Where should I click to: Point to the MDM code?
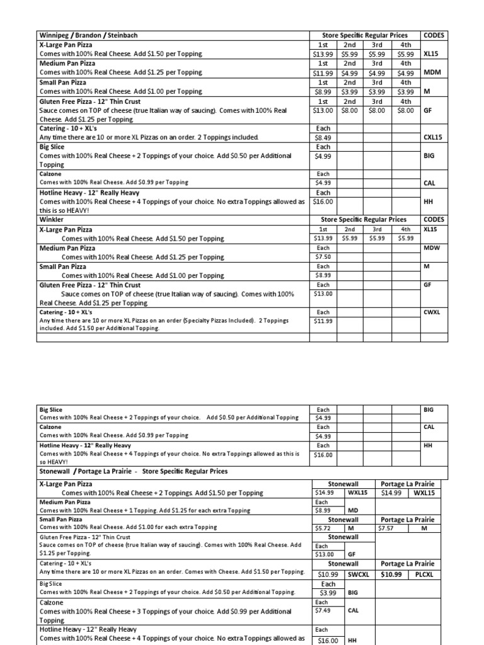432,72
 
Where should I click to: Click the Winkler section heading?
52,220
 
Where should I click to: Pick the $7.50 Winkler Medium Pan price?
323,257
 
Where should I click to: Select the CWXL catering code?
432,312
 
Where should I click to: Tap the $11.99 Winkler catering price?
324,321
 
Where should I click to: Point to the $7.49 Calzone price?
323,610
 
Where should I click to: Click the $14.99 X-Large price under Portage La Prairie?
393,493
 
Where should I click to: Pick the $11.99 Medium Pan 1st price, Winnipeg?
323,73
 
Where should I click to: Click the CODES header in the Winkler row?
434,220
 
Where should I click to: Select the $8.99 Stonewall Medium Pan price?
323,510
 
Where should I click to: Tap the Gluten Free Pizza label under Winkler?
89,285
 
